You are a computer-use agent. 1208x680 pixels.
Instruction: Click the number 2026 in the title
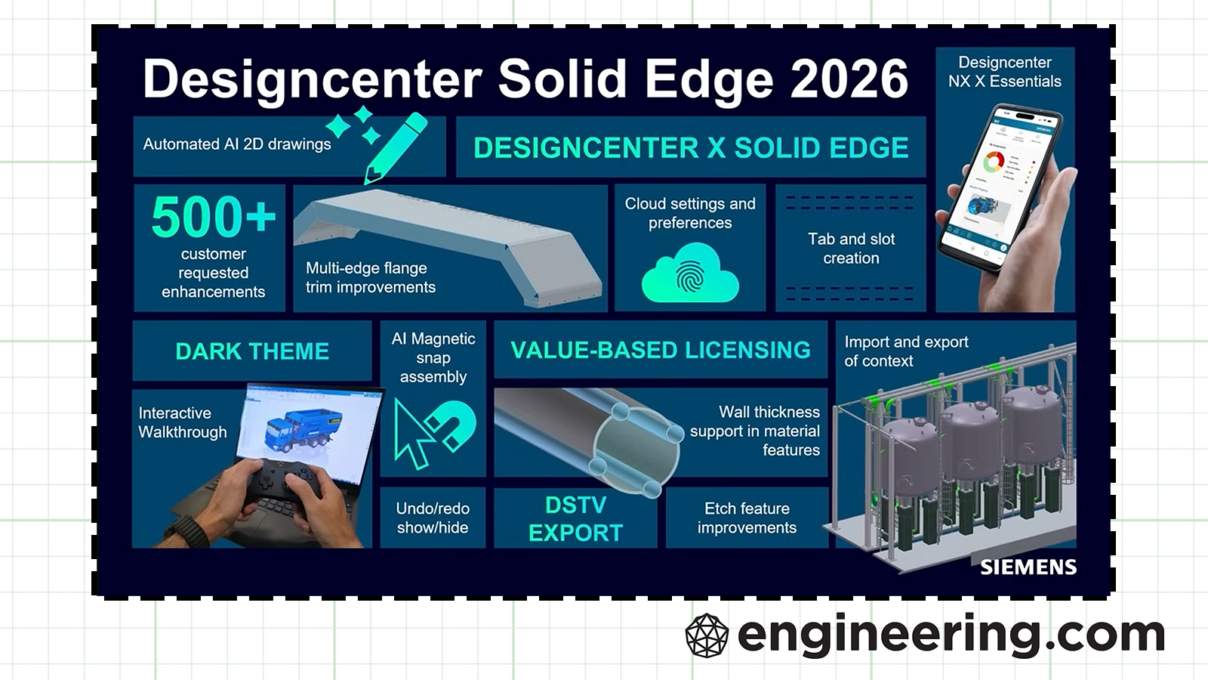pos(849,79)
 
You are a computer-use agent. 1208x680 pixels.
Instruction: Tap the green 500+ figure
pos(214,216)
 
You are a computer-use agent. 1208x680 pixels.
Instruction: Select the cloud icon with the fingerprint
pos(690,273)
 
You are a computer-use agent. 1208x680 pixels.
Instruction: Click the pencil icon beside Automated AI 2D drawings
pos(396,147)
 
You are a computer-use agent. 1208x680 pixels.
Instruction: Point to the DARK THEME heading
pos(252,351)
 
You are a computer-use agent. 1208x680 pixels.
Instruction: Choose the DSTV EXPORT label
pos(575,518)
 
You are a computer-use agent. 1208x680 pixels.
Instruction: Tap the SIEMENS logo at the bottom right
pos(1028,567)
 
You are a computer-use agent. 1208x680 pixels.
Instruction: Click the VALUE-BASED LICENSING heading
pos(660,351)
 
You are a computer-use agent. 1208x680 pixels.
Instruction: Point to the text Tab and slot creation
pos(851,249)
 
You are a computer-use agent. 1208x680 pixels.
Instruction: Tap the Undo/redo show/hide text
pos(433,518)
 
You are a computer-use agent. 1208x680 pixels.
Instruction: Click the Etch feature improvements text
pos(747,518)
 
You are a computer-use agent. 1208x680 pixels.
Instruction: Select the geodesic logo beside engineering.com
pos(707,635)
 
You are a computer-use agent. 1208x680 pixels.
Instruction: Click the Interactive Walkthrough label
pos(182,422)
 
